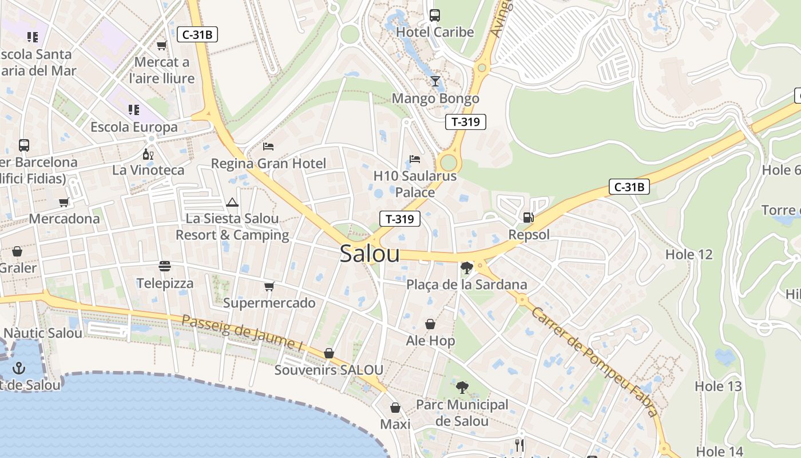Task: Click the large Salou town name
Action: tap(370, 254)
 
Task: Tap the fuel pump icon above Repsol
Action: tap(528, 218)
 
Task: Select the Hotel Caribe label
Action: tap(435, 32)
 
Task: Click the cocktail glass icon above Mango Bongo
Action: tap(435, 81)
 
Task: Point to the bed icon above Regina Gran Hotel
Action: tap(268, 147)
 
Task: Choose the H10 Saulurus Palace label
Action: tap(415, 184)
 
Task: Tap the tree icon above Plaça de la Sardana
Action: tap(466, 267)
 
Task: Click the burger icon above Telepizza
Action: tap(165, 266)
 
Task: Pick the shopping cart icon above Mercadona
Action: tap(64, 202)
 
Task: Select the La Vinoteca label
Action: tap(148, 170)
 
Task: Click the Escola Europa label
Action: tap(134, 127)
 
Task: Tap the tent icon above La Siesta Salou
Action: tap(232, 202)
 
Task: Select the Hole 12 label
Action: tap(689, 254)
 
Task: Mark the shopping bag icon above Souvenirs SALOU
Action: tap(329, 353)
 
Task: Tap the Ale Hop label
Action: tap(430, 341)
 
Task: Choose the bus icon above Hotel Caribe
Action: tap(435, 15)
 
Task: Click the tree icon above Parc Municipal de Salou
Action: tap(462, 388)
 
